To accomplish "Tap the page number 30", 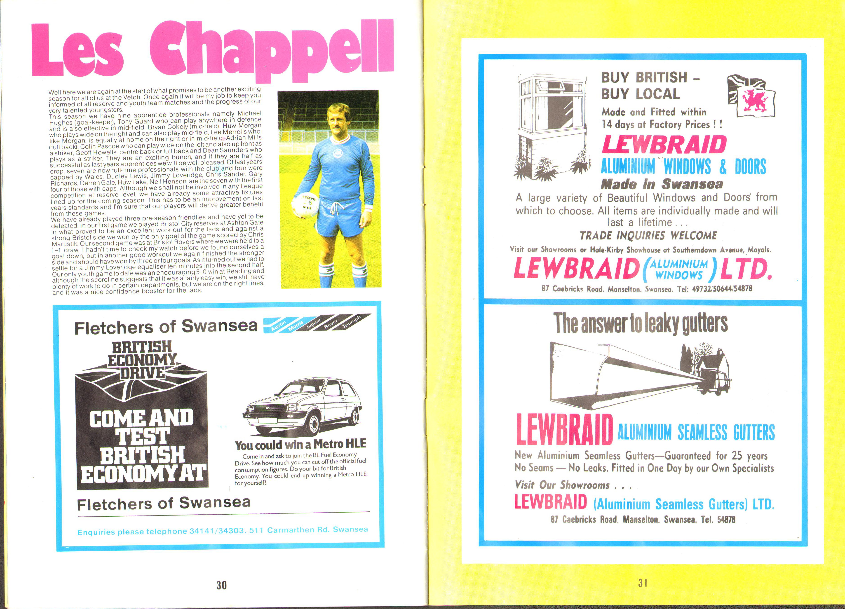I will pos(221,585).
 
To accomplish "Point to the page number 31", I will pos(643,583).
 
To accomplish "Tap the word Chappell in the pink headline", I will pos(272,50).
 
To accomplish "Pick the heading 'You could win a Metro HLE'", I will pos(300,444).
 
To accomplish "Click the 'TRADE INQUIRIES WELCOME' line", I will pos(648,235).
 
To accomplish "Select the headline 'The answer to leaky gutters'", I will pos(640,323).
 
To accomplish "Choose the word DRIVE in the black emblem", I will pos(142,372).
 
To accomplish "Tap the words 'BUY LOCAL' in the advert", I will pos(640,94).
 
